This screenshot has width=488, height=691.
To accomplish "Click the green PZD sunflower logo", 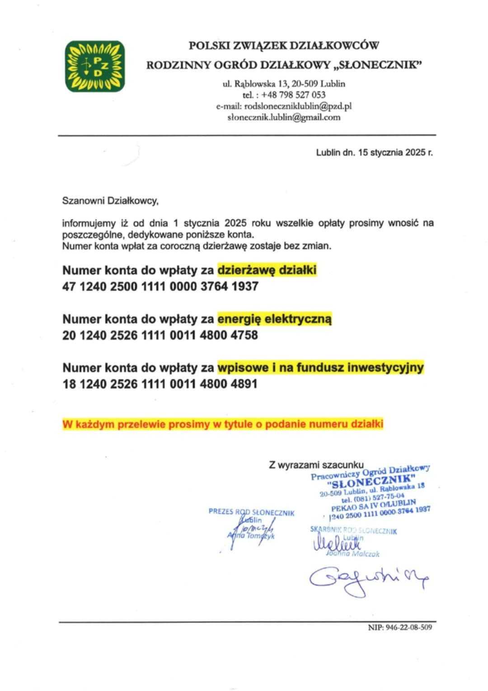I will [x=95, y=66].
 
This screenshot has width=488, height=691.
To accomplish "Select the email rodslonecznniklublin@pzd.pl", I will [x=297, y=106].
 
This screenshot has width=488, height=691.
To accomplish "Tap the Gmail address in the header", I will [x=284, y=118].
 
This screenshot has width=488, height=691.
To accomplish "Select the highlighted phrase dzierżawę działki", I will [x=267, y=270].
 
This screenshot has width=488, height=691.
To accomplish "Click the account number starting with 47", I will [x=160, y=286].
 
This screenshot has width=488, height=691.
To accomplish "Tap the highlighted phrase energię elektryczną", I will [x=275, y=319].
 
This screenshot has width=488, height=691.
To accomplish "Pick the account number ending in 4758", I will [x=160, y=336].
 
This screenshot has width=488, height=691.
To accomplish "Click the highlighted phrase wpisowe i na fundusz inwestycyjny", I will [x=320, y=368].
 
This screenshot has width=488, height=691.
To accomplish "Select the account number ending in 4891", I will [x=160, y=384].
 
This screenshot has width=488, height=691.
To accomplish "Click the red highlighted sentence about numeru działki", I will [x=223, y=425].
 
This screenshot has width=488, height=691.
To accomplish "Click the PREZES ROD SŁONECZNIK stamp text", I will [x=251, y=512].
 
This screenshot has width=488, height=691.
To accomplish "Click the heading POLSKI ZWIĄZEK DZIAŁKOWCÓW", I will [x=283, y=45].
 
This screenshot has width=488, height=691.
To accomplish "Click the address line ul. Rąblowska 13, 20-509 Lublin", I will [x=284, y=84].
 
